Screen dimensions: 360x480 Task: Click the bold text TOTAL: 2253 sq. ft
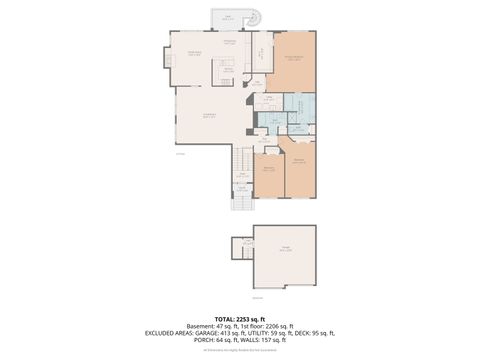tap(240, 317)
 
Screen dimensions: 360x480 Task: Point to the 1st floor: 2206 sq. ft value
tap(273, 325)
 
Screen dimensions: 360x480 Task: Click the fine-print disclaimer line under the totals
tap(240, 351)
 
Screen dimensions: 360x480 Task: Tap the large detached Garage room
tap(284, 256)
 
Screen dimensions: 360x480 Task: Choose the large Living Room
tap(210, 118)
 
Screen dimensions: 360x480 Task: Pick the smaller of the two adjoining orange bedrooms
tap(268, 172)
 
